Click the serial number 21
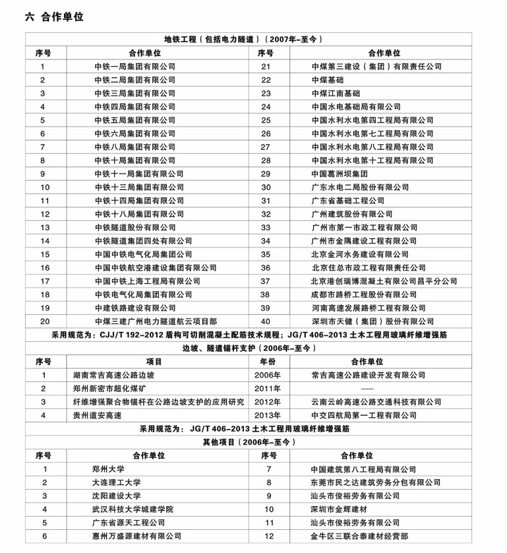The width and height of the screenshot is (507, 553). coord(266,66)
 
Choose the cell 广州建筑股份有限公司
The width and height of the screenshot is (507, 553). coord(352,214)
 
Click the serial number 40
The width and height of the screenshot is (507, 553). coord(266,321)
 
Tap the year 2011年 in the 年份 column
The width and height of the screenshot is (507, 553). coord(267,388)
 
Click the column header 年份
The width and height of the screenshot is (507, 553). coord(267,362)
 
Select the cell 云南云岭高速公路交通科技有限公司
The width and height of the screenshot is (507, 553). coord(376,402)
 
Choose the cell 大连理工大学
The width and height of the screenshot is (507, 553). coord(116,482)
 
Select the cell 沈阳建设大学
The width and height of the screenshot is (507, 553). coord(116,496)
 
